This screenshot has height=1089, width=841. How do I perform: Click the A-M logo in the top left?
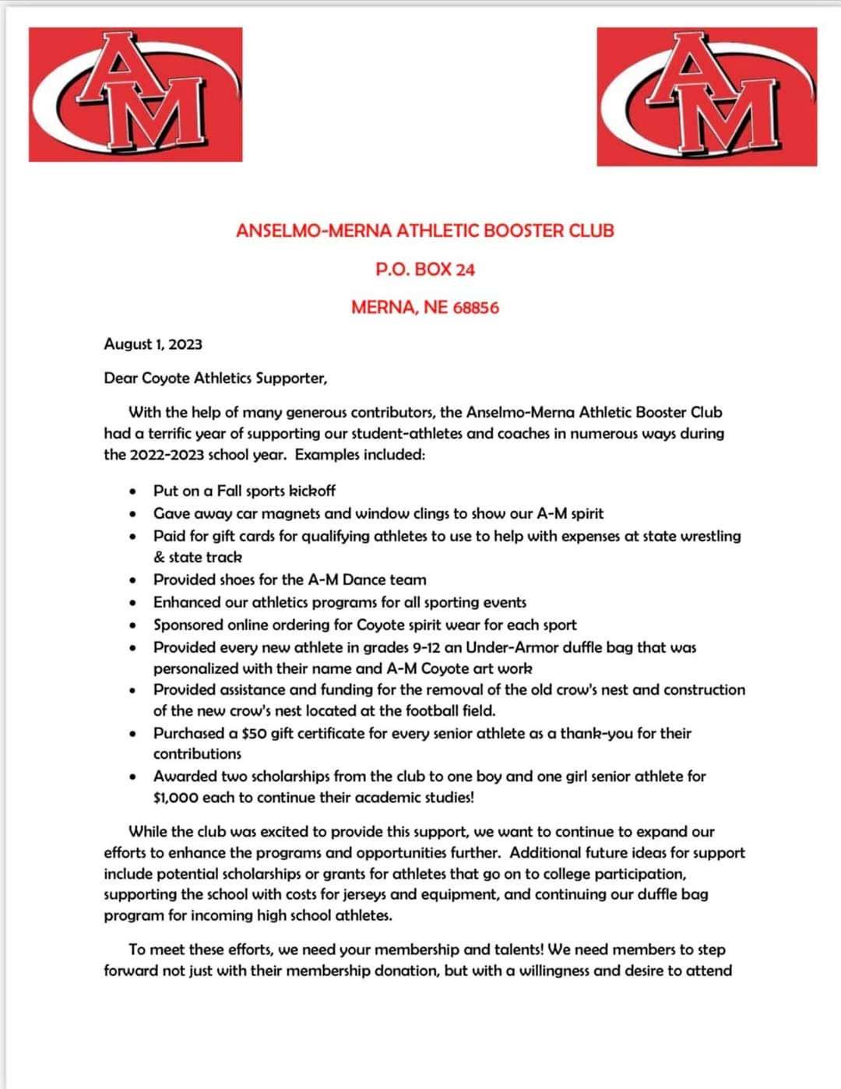[x=135, y=94]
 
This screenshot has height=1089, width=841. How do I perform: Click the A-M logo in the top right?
[x=706, y=97]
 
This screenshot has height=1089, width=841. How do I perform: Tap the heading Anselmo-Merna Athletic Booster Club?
[x=424, y=231]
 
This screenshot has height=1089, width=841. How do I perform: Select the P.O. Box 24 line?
[x=424, y=270]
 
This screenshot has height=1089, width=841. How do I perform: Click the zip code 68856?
[x=475, y=308]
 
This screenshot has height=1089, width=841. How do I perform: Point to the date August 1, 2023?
[x=153, y=344]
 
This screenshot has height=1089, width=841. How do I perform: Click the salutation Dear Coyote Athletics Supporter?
[x=216, y=379]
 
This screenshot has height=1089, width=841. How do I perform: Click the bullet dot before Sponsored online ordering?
[x=135, y=626]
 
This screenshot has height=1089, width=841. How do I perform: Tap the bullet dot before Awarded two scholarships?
[x=135, y=777]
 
